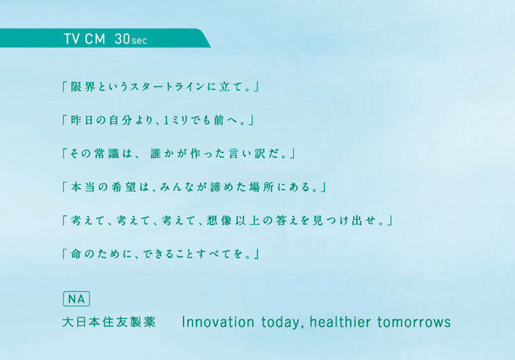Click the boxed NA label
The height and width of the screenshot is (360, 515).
(76, 299)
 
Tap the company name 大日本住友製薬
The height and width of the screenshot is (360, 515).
(109, 322)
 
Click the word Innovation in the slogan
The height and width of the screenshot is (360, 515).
(218, 322)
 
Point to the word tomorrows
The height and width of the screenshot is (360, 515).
(414, 322)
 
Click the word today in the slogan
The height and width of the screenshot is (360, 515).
(281, 323)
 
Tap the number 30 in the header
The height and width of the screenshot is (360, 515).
(122, 39)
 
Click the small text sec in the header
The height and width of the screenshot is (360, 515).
(140, 41)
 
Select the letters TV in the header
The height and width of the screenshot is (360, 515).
(71, 39)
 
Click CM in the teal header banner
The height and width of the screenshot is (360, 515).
(95, 39)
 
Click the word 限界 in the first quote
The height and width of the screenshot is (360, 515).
(83, 87)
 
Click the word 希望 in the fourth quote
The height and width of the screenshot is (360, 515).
(124, 187)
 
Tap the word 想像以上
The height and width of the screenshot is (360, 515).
(233, 220)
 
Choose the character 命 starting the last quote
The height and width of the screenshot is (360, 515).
(76, 254)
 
